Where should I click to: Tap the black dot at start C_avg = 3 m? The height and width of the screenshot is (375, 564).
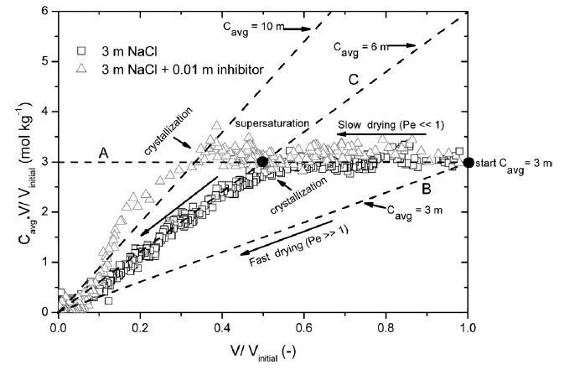tap(468, 162)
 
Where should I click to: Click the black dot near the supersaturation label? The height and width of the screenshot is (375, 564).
tap(262, 162)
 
